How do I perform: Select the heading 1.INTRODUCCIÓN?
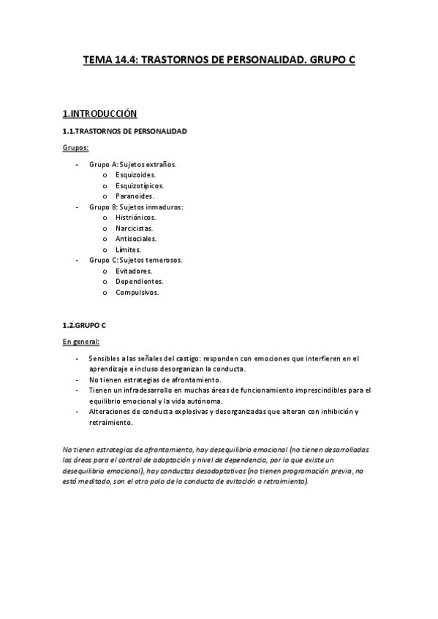[x=100, y=114]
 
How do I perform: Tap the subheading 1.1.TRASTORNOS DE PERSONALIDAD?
[x=124, y=131]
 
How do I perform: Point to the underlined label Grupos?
[x=76, y=148]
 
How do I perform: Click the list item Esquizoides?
[x=135, y=175]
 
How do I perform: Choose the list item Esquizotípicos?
[x=139, y=185]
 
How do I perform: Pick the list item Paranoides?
[x=135, y=196]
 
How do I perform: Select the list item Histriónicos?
[x=136, y=218]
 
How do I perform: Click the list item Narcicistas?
[x=134, y=228]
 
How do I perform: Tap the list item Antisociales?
[x=136, y=239]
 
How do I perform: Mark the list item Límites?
[x=128, y=250]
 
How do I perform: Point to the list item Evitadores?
[x=134, y=271]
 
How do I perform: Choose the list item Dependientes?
[x=139, y=281]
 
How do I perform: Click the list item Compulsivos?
[x=137, y=292]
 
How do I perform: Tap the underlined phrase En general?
[x=81, y=342]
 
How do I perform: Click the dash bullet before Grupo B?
[x=78, y=207]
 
